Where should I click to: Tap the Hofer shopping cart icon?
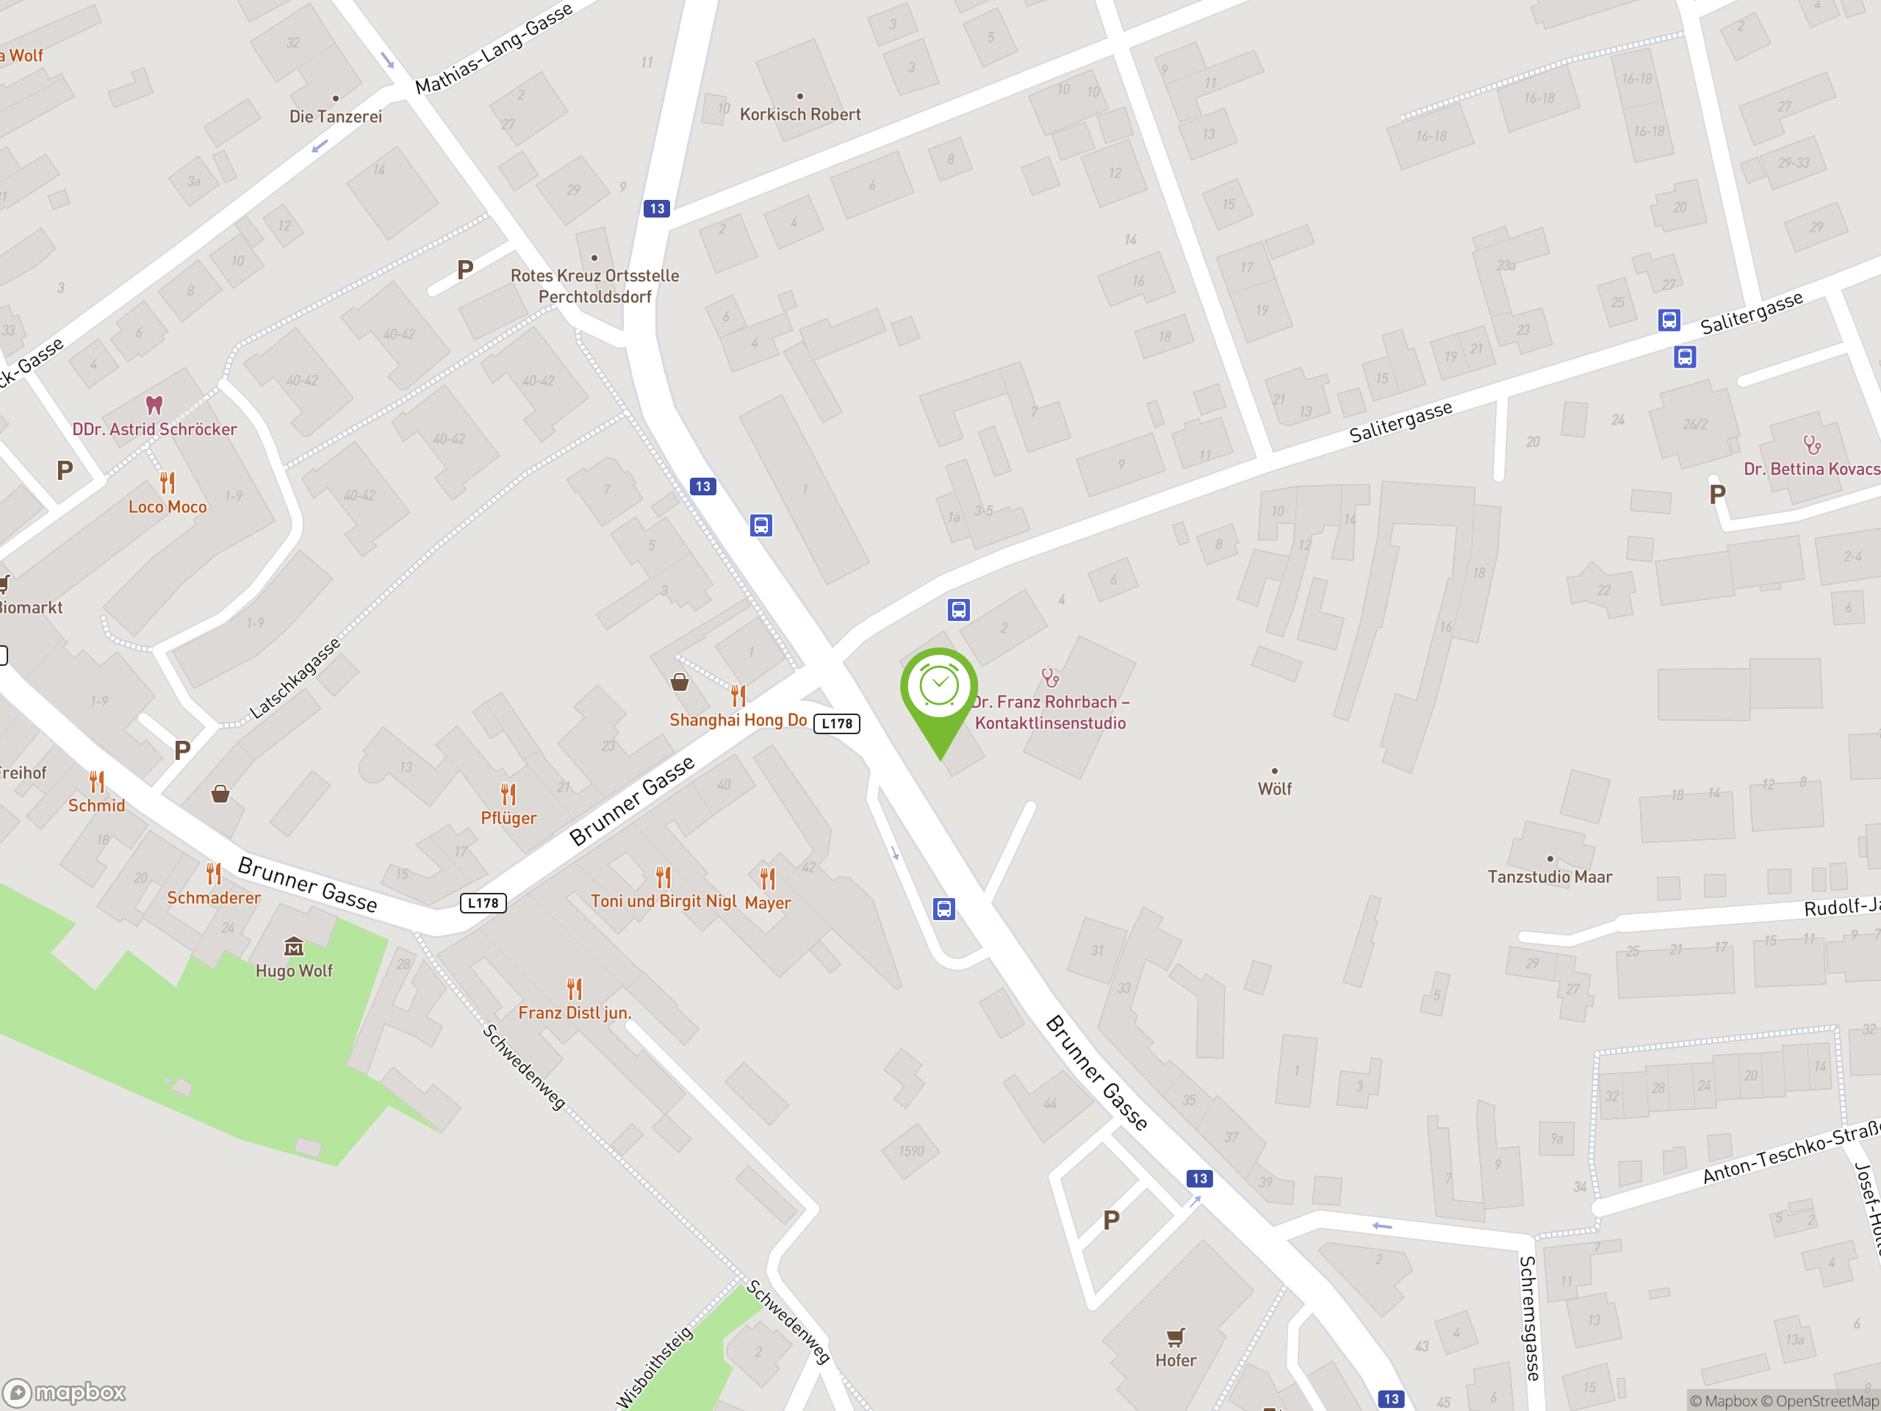(x=1175, y=1337)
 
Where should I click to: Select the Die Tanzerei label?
(x=335, y=117)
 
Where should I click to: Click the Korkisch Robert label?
(x=799, y=114)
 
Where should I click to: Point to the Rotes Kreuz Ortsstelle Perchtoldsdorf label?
(x=594, y=286)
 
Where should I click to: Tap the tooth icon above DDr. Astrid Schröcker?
(x=154, y=404)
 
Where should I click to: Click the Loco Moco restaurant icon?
(x=168, y=483)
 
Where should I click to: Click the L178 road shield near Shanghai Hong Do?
(x=837, y=724)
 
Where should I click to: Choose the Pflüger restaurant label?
(x=508, y=818)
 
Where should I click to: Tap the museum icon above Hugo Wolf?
(x=293, y=947)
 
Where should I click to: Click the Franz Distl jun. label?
(x=575, y=1013)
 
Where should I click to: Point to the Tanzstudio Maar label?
(x=1550, y=877)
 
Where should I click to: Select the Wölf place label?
(x=1274, y=789)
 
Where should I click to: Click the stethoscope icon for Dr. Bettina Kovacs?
(x=1812, y=444)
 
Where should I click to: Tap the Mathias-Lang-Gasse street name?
(x=494, y=49)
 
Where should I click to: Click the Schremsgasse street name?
(x=1529, y=1318)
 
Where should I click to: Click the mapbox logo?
(x=65, y=1393)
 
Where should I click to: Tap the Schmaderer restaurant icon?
(x=213, y=874)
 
